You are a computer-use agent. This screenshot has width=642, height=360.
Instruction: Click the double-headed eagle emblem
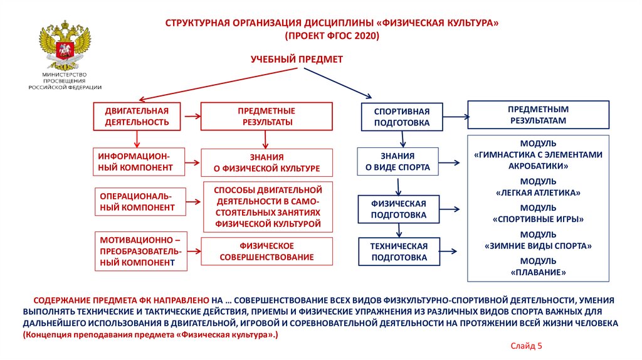65,46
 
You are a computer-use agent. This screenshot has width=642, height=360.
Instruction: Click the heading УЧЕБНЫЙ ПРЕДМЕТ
297,59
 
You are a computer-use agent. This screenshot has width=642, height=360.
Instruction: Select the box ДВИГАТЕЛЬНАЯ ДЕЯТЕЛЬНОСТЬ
136,116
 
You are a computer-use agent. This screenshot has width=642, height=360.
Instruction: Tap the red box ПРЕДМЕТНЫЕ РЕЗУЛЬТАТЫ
266,116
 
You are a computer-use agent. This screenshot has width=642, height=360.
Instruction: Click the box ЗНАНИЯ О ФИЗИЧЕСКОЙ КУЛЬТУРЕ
266,162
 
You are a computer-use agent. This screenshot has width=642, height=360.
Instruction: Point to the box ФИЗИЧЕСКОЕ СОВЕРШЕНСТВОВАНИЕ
266,251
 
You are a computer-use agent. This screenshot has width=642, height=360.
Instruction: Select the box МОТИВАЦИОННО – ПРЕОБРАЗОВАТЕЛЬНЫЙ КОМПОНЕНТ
141,251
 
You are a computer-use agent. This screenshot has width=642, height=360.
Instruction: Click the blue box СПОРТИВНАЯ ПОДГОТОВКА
402,117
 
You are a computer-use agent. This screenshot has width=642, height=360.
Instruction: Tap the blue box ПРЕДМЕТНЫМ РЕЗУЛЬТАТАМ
539,114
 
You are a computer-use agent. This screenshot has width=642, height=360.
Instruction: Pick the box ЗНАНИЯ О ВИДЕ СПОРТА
397,162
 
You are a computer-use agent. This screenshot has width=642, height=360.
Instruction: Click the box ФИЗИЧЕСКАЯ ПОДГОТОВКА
398,209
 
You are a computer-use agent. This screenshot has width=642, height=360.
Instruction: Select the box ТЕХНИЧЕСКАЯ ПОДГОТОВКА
399,251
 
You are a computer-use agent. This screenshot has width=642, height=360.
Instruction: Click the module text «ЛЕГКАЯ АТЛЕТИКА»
538,193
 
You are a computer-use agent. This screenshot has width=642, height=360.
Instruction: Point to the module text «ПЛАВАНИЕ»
538,273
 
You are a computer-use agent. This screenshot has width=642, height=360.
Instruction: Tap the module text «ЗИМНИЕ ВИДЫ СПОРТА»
538,246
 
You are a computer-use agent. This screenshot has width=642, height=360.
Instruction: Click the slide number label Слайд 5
525,346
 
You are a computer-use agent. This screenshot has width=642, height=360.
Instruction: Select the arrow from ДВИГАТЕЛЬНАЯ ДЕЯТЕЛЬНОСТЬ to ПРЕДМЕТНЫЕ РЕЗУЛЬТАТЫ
191,116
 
